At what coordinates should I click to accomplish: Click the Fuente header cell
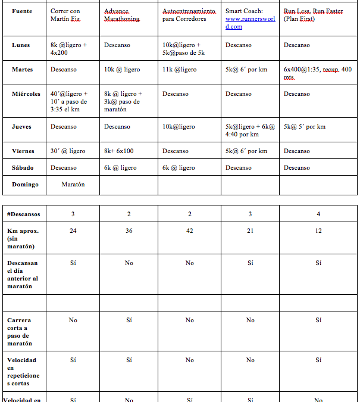[22, 11]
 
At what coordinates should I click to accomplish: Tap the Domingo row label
[25, 184]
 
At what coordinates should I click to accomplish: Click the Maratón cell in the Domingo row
[73, 184]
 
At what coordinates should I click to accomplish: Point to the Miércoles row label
[26, 94]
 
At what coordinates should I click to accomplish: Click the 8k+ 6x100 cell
[119, 151]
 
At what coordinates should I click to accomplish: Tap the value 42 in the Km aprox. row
[189, 230]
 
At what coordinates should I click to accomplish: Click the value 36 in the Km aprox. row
[129, 230]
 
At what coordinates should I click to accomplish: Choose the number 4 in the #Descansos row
[318, 214]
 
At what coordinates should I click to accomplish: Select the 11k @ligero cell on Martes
[179, 70]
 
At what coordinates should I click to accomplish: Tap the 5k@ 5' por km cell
[305, 126]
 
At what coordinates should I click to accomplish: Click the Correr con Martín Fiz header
[65, 15]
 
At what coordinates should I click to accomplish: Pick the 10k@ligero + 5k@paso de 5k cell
[181, 49]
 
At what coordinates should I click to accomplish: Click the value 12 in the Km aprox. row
[318, 230]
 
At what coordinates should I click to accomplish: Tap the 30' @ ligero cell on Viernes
[68, 151]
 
